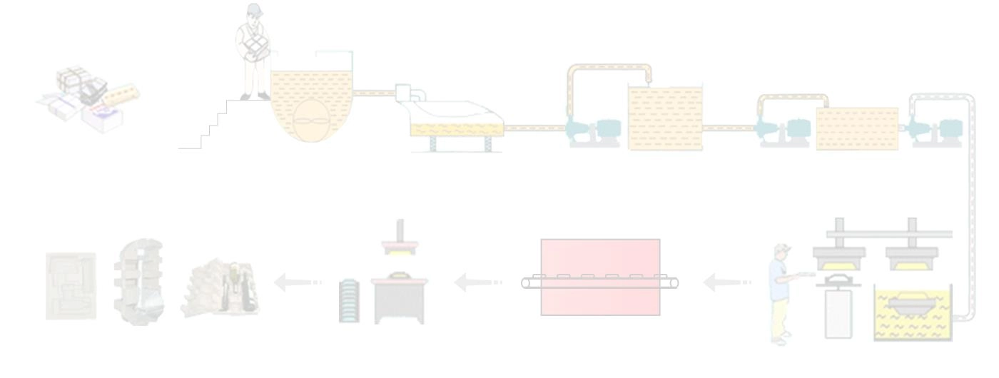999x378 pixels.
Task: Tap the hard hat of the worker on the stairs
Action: click(x=252, y=10)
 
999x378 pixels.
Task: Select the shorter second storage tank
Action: click(x=856, y=128)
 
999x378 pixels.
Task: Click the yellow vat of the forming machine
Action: click(x=913, y=314)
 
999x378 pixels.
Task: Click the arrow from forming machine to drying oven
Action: click(x=726, y=283)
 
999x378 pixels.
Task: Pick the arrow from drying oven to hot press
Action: click(x=477, y=283)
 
